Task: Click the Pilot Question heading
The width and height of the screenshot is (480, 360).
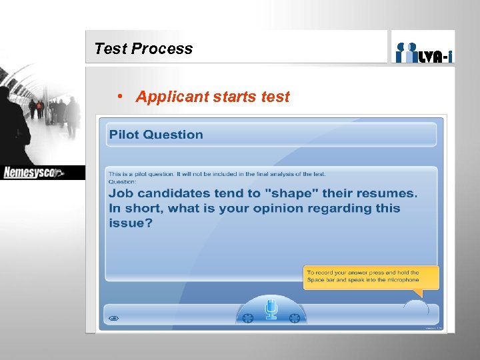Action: pos(156,135)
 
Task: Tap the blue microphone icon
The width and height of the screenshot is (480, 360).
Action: pos(271,309)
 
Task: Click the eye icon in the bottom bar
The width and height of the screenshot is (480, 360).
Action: pos(113,319)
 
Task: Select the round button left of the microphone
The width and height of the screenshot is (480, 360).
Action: pos(248,318)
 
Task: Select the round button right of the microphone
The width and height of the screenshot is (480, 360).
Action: pos(294,318)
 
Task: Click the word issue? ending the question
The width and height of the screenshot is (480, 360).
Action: pos(131,223)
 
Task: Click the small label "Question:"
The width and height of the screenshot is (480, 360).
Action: pos(123,181)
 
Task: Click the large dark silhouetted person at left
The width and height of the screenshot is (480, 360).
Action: pos(13,127)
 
